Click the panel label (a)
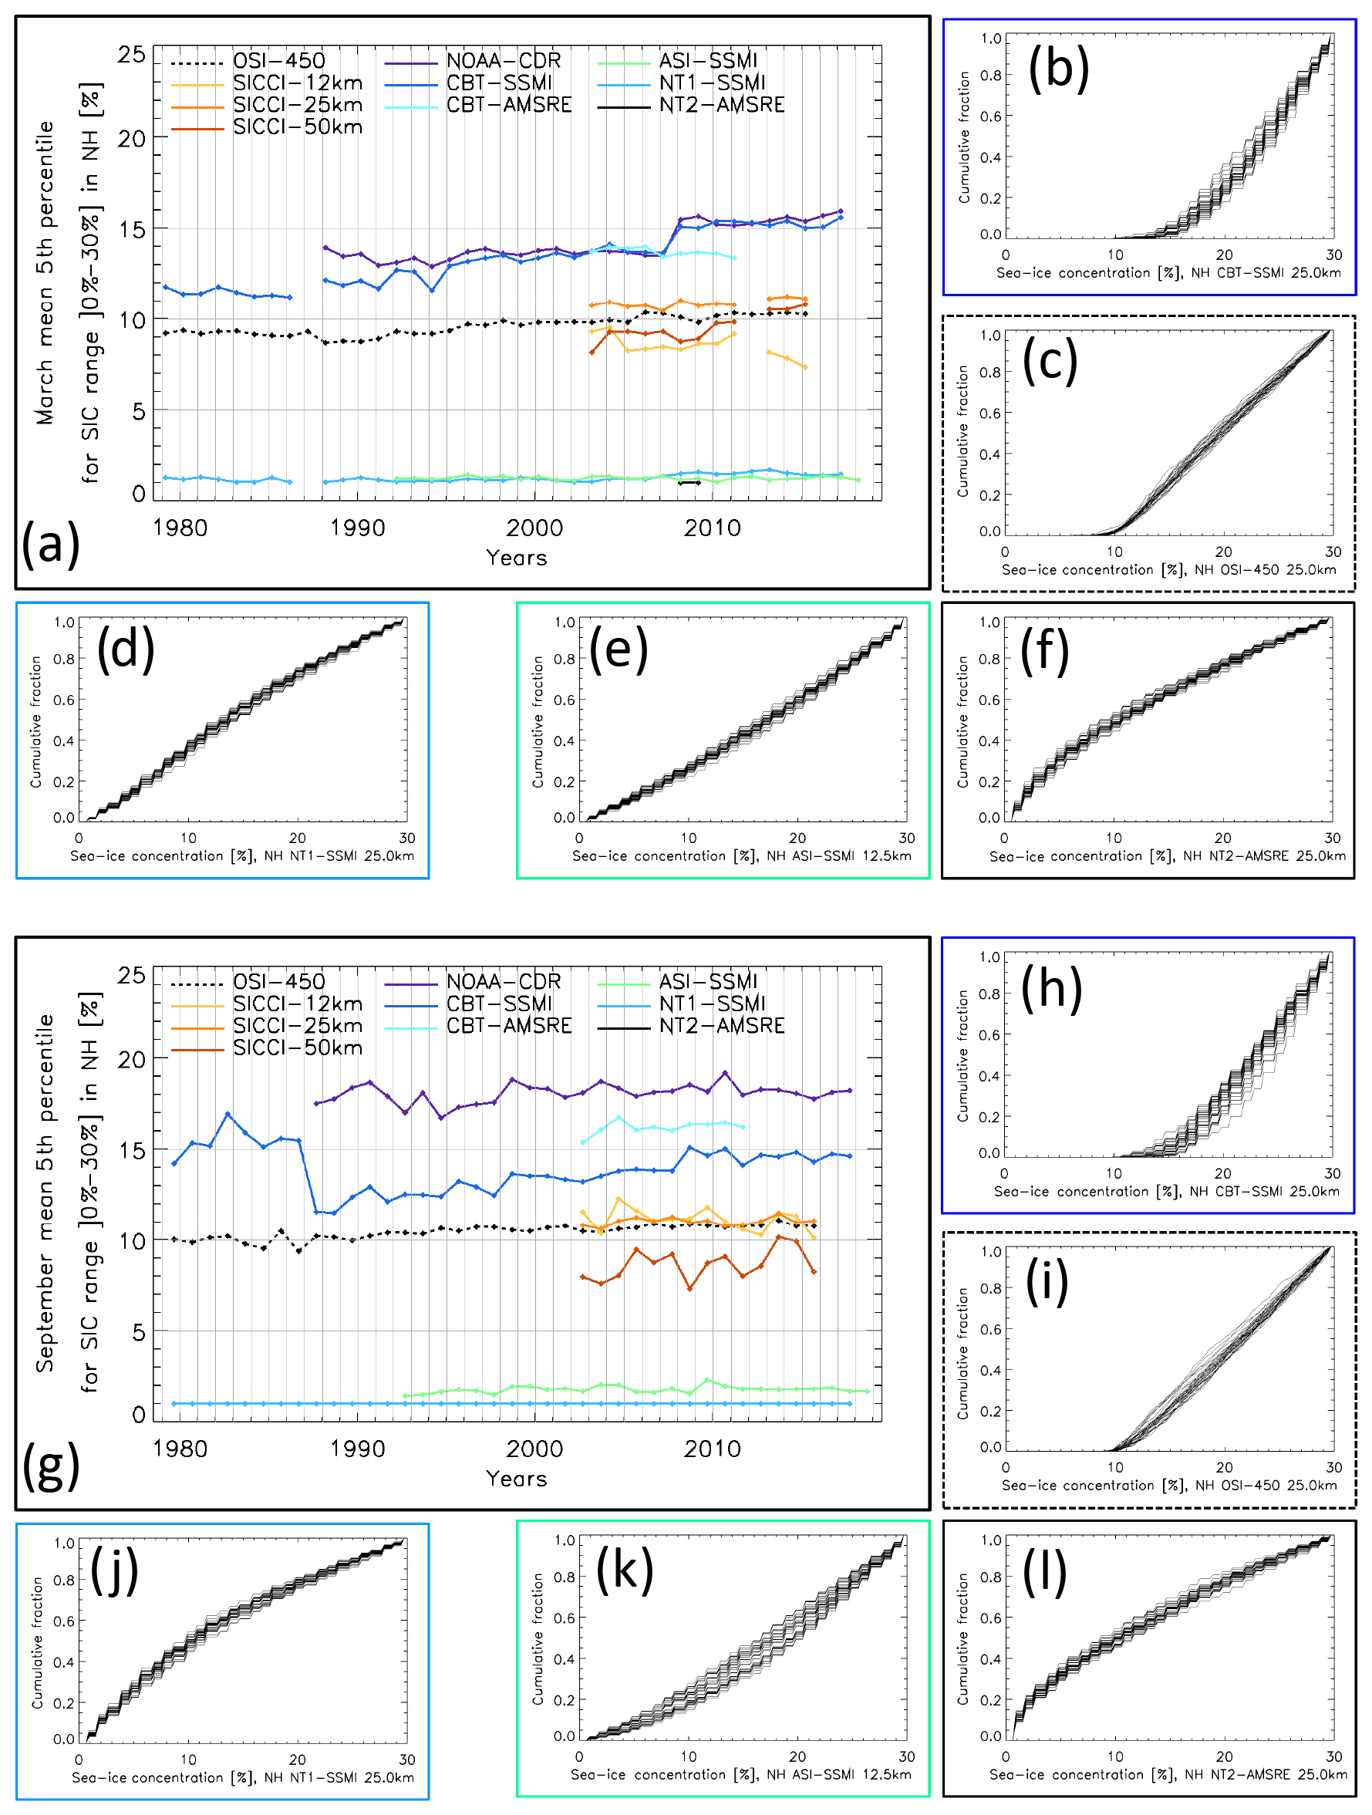[51, 543]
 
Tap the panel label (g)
[51, 1466]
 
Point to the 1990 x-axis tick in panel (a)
[358, 528]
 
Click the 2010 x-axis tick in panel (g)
[713, 1449]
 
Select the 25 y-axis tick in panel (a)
[131, 55]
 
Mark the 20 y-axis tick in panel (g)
[131, 1059]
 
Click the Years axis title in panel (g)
[516, 1479]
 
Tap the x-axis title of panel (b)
[1168, 273]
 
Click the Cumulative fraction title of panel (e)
[538, 721]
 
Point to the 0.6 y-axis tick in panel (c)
[989, 413]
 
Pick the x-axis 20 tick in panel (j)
[297, 1759]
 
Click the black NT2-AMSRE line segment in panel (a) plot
[689, 482]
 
